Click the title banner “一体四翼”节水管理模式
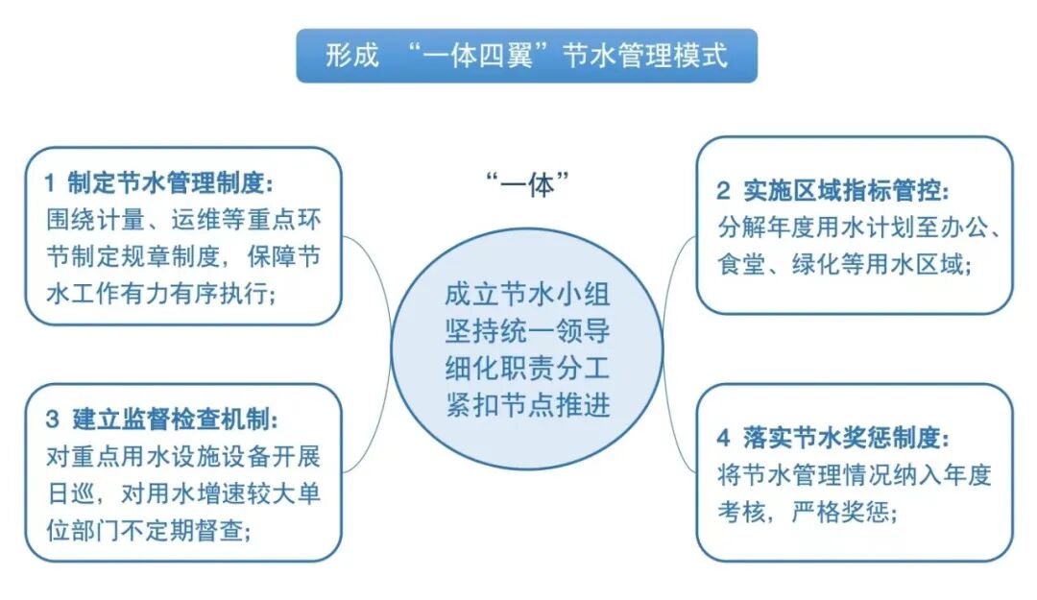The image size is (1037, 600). [x=526, y=55]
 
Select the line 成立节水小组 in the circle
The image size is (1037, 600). [x=527, y=291]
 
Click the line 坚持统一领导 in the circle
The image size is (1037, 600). [x=527, y=329]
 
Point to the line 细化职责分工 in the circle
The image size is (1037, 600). [x=527, y=367]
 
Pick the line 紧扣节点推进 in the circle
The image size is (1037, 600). [x=527, y=405]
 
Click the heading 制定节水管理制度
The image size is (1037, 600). [x=175, y=182]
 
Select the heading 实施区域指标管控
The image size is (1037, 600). [x=847, y=190]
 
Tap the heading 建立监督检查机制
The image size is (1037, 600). [x=175, y=420]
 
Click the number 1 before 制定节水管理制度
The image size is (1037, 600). [x=50, y=182]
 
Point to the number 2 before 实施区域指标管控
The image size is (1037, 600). [x=722, y=190]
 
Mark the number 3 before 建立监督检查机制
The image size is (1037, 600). [x=51, y=420]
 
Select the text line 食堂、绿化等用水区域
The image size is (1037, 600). [x=845, y=264]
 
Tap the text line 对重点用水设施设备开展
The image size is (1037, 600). [x=182, y=456]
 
